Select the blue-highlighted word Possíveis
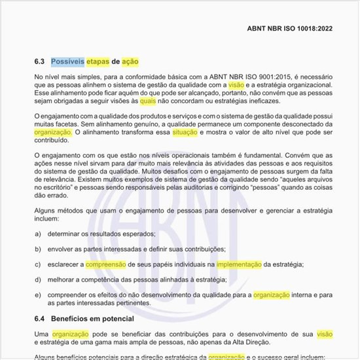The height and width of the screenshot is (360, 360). coord(67,62)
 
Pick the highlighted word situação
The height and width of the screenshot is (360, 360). coord(184,132)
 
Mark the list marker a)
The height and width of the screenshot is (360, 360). coord(39,233)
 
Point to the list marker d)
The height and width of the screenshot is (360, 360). coord(39,279)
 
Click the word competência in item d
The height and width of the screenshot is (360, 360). coord(97,279)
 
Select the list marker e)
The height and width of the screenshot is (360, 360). coord(39,295)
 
